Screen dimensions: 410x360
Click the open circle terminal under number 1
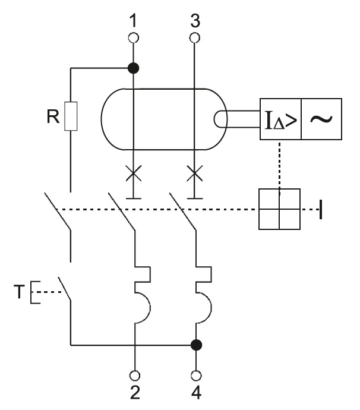(134, 37)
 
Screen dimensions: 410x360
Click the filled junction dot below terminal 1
(134, 68)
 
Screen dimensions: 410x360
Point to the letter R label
(52, 116)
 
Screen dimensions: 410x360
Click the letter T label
(20, 293)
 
